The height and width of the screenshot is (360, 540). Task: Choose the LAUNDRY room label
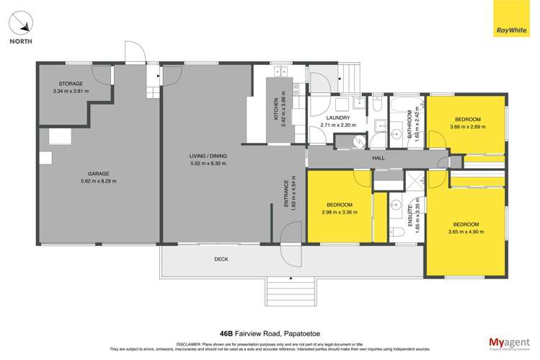(x=337, y=118)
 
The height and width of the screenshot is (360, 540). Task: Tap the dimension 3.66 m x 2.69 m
(x=466, y=127)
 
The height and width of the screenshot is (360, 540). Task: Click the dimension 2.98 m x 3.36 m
(x=339, y=212)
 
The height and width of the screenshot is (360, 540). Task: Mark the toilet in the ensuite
(x=397, y=232)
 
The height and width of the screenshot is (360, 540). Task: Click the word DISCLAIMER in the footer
(x=191, y=343)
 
